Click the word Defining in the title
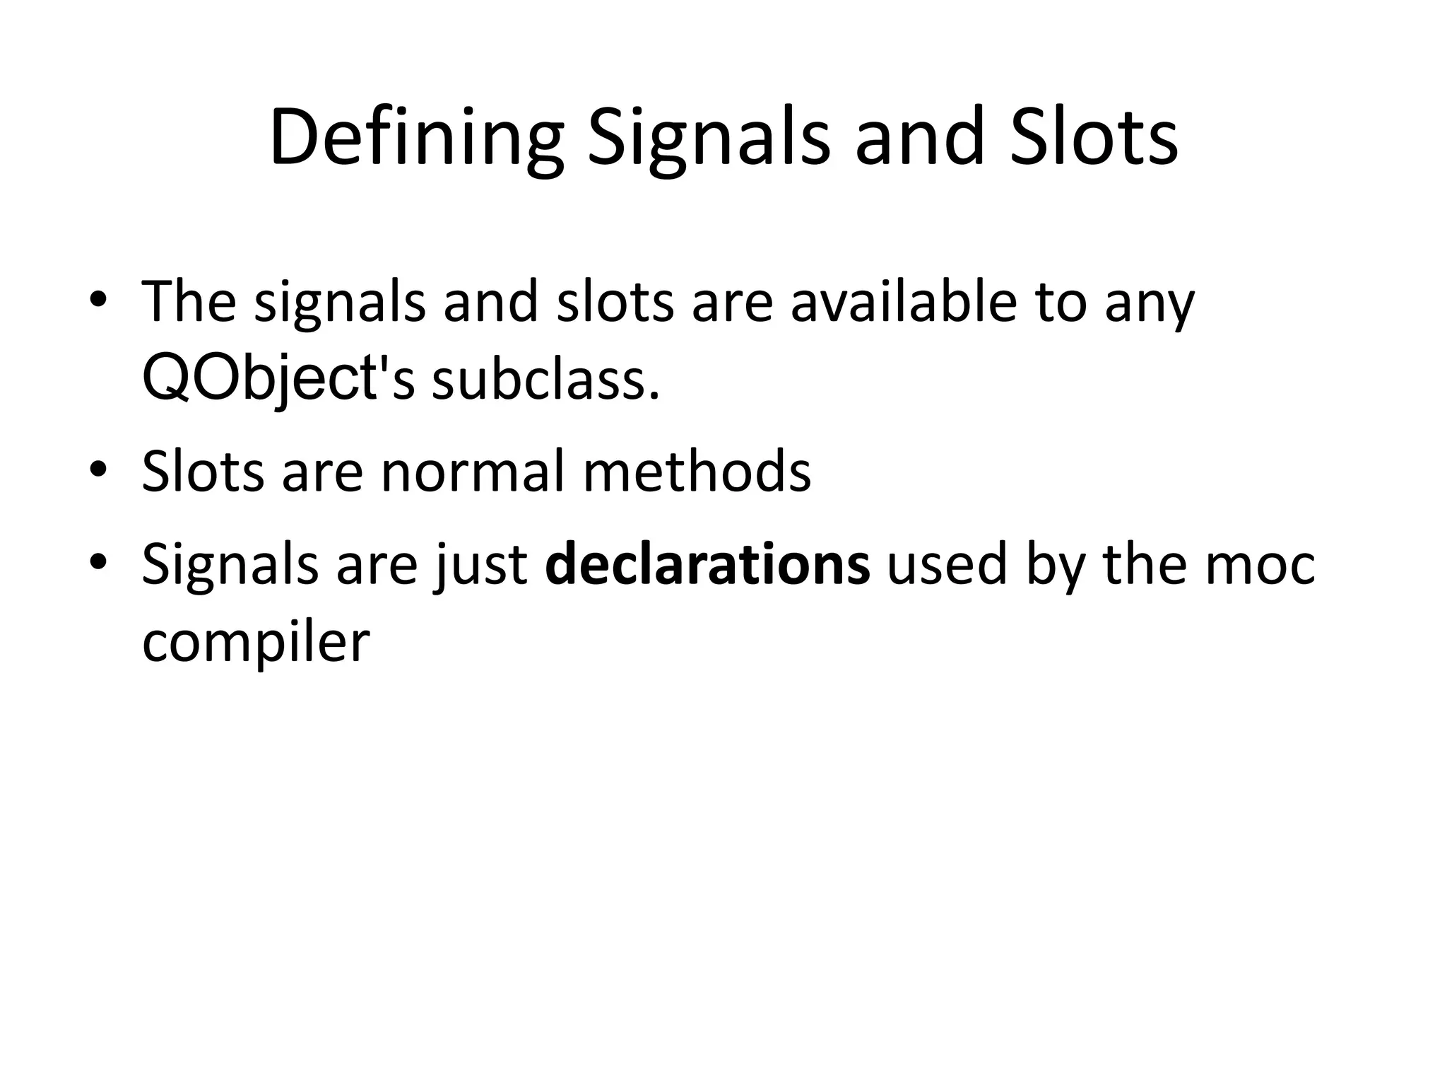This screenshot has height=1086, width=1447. (x=416, y=138)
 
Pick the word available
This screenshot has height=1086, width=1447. (x=903, y=301)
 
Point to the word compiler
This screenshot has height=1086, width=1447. (x=256, y=643)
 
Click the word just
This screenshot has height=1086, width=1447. (x=481, y=566)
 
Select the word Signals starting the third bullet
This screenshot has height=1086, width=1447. (x=230, y=566)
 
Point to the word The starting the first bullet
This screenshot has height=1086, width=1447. (x=189, y=301)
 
